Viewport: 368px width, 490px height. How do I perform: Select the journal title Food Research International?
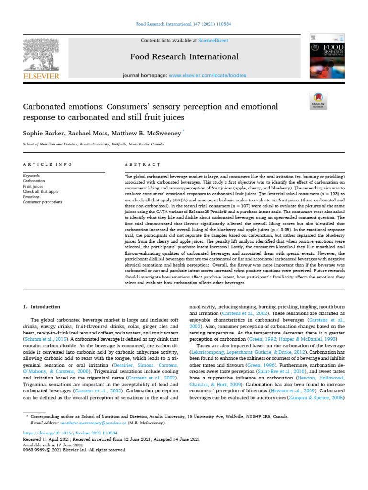184,57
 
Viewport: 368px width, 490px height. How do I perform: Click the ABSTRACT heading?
142,164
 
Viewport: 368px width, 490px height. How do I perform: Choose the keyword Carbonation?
34,181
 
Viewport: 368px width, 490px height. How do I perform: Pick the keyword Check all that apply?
41,191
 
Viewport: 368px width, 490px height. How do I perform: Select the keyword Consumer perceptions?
43,202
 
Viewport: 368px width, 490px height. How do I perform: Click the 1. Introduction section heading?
42,306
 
